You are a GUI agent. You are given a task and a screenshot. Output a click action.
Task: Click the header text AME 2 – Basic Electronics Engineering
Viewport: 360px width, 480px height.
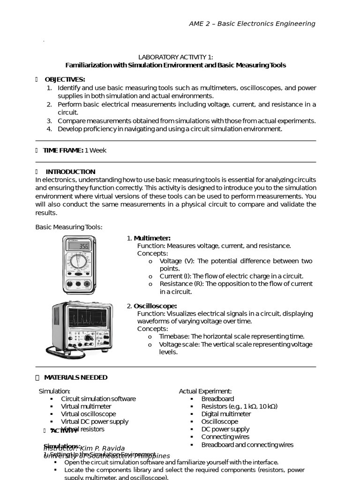pyautogui.click(x=252, y=24)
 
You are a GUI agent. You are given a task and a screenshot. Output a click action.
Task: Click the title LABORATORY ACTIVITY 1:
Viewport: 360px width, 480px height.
pyautogui.click(x=175, y=57)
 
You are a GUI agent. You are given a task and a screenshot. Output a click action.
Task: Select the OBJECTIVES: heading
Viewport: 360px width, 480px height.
pyautogui.click(x=65, y=79)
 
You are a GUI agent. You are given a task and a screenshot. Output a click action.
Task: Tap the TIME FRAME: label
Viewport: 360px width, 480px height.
pyautogui.click(x=63, y=150)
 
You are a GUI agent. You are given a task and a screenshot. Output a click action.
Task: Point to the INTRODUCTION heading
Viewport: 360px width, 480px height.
pyautogui.click(x=70, y=172)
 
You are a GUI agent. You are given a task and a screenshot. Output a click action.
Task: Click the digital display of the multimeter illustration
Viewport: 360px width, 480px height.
pyautogui.click(x=79, y=246)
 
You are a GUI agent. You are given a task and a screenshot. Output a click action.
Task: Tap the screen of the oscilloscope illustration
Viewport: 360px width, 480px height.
pyautogui.click(x=88, y=318)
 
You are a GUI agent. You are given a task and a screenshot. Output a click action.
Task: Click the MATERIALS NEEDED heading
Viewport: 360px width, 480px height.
pyautogui.click(x=75, y=377)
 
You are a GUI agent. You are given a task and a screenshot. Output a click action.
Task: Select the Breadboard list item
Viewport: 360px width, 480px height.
pyautogui.click(x=217, y=399)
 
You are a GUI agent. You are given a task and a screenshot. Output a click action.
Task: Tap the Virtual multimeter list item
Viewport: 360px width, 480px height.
pyautogui.click(x=86, y=406)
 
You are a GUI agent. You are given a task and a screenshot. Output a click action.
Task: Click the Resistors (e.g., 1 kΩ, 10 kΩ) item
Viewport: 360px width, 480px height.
pyautogui.click(x=239, y=406)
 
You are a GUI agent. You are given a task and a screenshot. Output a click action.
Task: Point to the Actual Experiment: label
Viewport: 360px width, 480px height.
pyautogui.click(x=205, y=391)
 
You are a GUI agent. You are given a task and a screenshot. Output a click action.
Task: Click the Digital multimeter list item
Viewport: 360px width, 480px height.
pyautogui.click(x=226, y=414)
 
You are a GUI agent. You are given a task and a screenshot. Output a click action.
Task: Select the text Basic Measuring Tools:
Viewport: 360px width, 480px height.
pyautogui.click(x=69, y=227)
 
